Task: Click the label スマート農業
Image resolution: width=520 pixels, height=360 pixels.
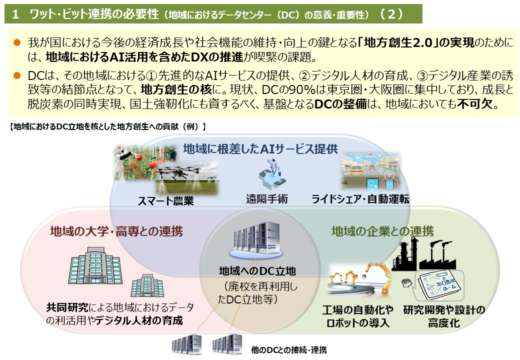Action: tap(166, 200)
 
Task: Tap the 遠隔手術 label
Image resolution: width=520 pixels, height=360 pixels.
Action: tap(267, 199)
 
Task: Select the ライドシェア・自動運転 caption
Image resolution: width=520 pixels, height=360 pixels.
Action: tap(360, 199)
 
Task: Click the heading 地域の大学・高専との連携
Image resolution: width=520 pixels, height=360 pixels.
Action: tap(116, 231)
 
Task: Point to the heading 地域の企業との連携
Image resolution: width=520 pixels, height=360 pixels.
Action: tap(382, 231)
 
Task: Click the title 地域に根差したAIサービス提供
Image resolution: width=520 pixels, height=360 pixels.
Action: tap(260, 149)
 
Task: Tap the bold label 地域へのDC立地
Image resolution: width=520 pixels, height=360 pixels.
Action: tap(257, 271)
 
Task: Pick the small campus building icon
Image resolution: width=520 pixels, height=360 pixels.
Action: tap(147, 285)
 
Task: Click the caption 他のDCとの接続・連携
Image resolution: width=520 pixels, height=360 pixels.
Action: tap(289, 349)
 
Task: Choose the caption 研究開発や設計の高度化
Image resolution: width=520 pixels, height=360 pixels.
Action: tap(444, 316)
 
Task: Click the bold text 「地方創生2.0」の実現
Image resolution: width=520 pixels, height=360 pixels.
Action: tap(416, 43)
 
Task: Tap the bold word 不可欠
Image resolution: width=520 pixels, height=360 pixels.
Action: tap(474, 104)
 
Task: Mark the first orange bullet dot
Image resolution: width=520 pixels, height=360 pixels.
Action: tap(17, 42)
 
